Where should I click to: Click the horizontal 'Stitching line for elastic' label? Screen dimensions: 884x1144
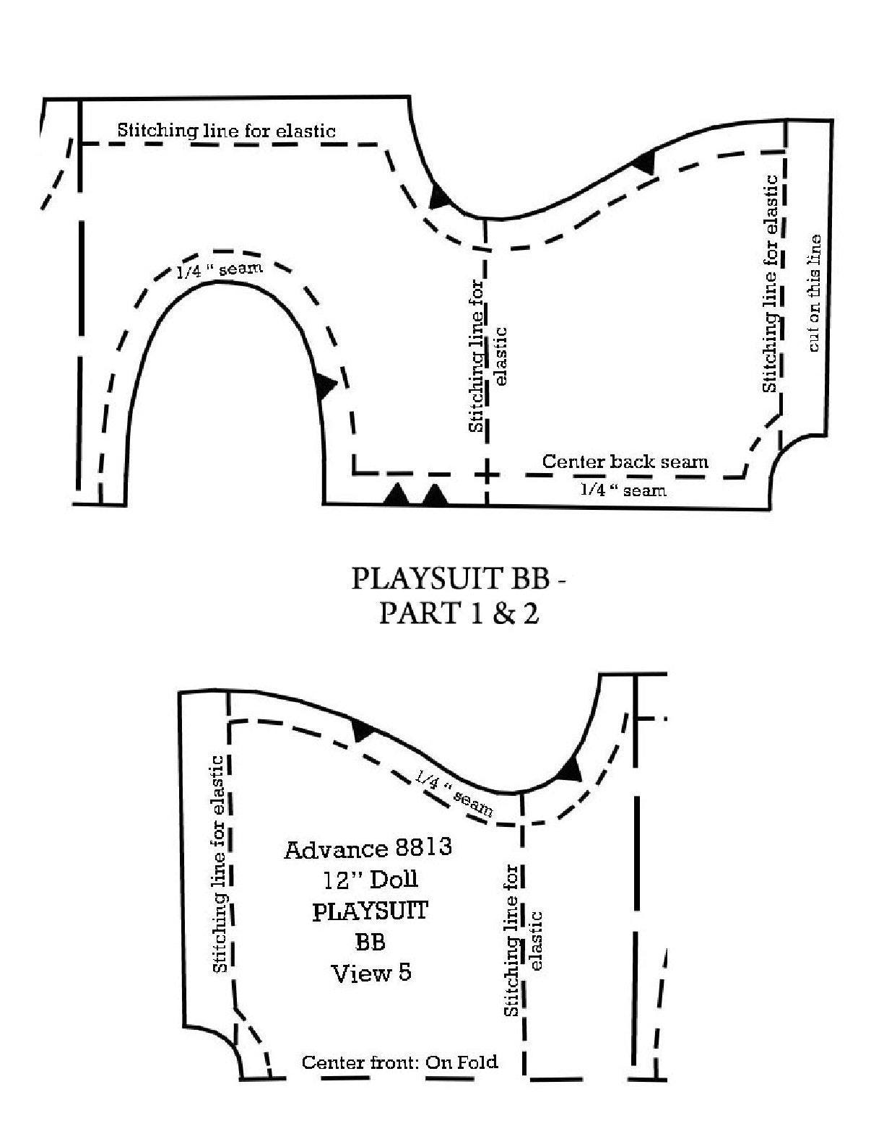tap(226, 131)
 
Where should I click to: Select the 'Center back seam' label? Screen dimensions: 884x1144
tap(625, 461)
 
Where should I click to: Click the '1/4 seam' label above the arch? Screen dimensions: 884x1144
tap(219, 271)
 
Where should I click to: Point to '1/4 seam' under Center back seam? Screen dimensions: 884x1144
tap(623, 490)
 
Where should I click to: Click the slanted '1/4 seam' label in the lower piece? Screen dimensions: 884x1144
tap(454, 794)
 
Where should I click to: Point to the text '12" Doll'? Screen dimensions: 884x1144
tap(370, 879)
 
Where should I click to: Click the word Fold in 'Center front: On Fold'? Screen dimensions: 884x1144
tap(477, 1062)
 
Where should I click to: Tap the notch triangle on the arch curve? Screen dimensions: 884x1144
tap(324, 386)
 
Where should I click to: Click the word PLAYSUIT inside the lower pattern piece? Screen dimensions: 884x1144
tap(370, 910)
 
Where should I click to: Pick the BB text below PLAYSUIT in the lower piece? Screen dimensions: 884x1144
tap(370, 941)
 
